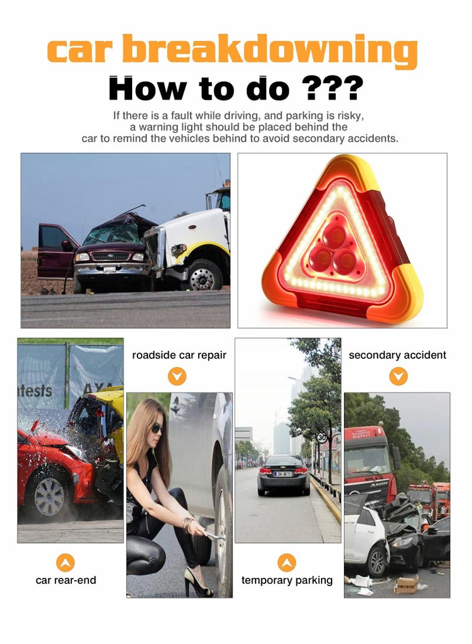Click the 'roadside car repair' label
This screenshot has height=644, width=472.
179,355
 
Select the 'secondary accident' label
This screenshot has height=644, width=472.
397,355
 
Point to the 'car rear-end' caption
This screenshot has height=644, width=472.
65,580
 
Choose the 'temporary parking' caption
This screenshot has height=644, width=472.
287,580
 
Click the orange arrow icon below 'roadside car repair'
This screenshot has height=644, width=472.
177,376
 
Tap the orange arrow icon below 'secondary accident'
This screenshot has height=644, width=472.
398,376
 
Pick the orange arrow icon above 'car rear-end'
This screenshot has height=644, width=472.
65,562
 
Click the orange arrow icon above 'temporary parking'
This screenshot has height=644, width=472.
287,562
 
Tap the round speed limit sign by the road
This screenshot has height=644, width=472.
322,438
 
